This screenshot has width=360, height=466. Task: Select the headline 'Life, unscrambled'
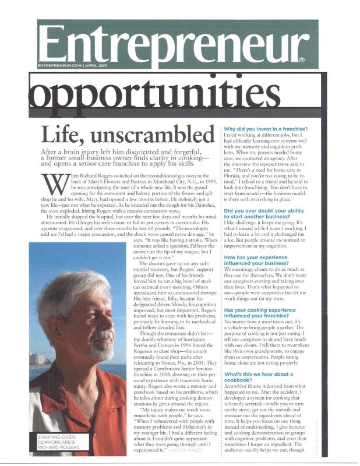(x=126, y=135)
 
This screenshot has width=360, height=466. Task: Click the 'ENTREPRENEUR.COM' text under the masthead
(x=62, y=66)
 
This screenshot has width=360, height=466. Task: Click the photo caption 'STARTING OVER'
(x=58, y=436)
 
